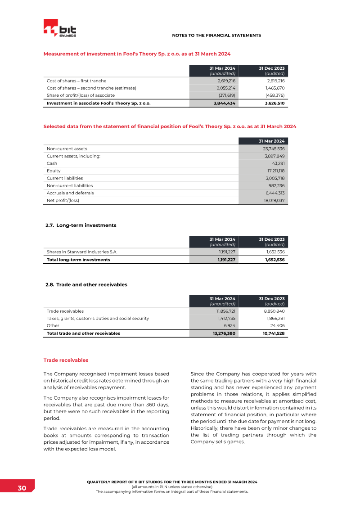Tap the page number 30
pyautogui.click(x=22, y=489)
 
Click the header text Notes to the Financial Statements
pyautogui.click(x=216, y=35)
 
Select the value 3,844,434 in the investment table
pyautogui.click(x=224, y=103)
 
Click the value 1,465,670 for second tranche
pyautogui.click(x=274, y=88)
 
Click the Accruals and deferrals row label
pyautogui.click(x=70, y=193)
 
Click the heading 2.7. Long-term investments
pyautogui.click(x=81, y=225)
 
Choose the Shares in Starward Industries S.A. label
pyautogui.click(x=82, y=252)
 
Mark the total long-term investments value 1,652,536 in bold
pyautogui.click(x=274, y=260)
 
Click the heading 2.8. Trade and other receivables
pyautogui.click(x=86, y=284)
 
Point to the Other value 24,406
pyautogui.click(x=277, y=326)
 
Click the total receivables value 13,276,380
pyautogui.click(x=224, y=333)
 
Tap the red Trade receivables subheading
pyautogui.click(x=66, y=360)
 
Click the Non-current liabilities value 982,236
pyautogui.click(x=275, y=185)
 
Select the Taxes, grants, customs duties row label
pyautogui.click(x=98, y=319)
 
